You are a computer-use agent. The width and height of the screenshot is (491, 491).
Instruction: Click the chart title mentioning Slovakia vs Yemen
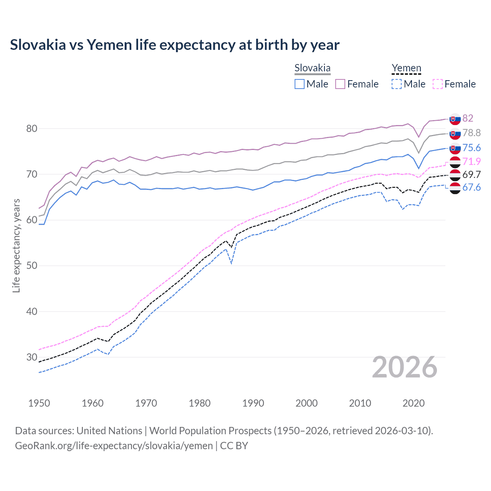coord(175,45)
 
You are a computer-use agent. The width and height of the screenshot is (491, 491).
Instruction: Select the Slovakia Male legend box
coord(300,84)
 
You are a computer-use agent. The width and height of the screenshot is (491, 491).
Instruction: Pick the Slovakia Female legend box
coord(340,84)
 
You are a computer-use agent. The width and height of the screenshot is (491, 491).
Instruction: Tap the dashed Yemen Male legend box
coord(397,84)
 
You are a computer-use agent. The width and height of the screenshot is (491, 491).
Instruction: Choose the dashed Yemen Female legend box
coord(437,84)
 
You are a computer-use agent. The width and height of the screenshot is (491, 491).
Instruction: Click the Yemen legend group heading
coord(406,68)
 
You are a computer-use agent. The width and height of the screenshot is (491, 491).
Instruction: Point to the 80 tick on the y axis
coord(32,129)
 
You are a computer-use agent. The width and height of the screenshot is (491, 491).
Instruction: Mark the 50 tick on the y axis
coord(32,265)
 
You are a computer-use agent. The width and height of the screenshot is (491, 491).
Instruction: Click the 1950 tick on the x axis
coord(39,403)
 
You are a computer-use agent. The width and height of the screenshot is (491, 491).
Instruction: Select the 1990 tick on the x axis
coord(253,403)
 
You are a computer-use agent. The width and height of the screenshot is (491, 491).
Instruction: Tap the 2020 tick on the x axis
coord(414,403)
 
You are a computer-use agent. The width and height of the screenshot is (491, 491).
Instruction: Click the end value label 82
coord(468,118)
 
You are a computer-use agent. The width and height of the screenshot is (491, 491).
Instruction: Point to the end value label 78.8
coord(471,133)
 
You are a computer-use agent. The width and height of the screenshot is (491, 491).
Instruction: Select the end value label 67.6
coord(471,187)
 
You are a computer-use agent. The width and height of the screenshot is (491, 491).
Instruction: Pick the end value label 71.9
coord(471,161)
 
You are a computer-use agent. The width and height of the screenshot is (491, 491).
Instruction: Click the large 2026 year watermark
coord(405,367)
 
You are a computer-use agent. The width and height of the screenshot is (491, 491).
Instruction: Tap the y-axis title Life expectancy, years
coord(16,245)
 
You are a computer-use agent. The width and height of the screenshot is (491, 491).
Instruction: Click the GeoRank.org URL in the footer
coord(114,446)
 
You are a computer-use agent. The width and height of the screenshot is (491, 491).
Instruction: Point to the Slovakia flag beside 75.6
coord(455,148)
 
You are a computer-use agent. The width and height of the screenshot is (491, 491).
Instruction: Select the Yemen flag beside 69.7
coord(455,175)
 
